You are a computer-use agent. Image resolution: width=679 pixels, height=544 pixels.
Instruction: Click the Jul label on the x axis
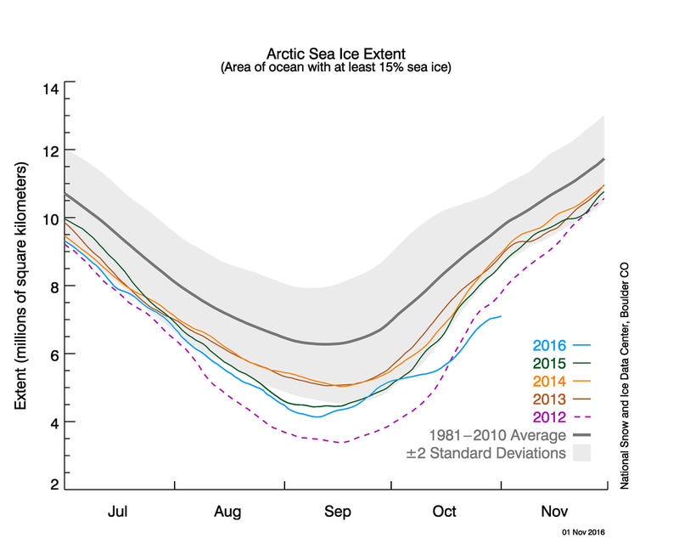120,513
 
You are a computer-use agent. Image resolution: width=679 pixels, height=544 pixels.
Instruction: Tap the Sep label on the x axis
338,513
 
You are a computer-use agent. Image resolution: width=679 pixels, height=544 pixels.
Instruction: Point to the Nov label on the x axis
554,513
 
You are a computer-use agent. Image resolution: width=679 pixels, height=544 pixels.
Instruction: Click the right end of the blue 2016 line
501,316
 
